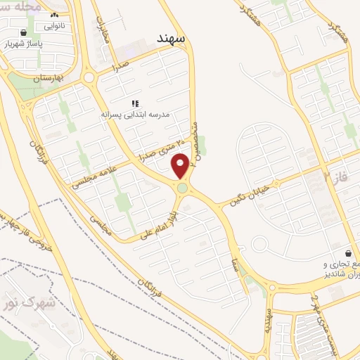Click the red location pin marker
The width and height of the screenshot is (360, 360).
coord(181,165)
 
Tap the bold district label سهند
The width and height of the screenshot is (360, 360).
coord(171,40)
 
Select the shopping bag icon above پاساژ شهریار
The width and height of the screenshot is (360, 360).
coord(24,32)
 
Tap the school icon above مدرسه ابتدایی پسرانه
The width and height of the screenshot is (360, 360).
coord(134,103)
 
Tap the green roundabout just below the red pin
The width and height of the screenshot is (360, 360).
coord(183,188)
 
